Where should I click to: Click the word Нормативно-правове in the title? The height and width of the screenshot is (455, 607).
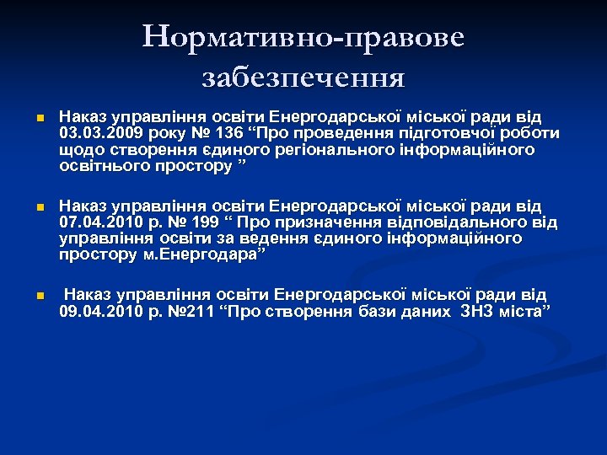303,38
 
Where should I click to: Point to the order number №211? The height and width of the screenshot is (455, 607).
201,313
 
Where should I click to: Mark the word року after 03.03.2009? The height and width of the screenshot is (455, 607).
175,133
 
